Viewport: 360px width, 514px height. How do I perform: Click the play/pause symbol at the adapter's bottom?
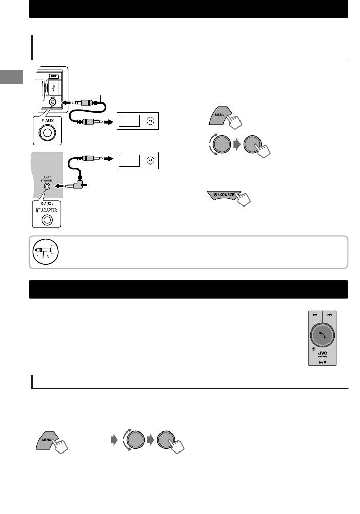click(x=322, y=361)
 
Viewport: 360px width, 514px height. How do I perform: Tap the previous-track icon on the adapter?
click(x=315, y=315)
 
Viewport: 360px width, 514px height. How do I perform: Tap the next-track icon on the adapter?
click(x=329, y=315)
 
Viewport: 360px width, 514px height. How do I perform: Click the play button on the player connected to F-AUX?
click(x=150, y=121)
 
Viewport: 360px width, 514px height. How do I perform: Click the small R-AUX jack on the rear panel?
click(x=47, y=187)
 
